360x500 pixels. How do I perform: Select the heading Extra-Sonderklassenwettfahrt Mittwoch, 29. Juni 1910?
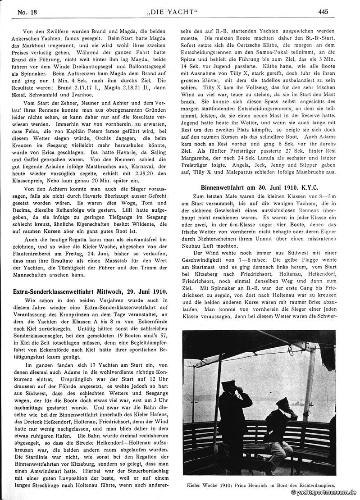point(91,291)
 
